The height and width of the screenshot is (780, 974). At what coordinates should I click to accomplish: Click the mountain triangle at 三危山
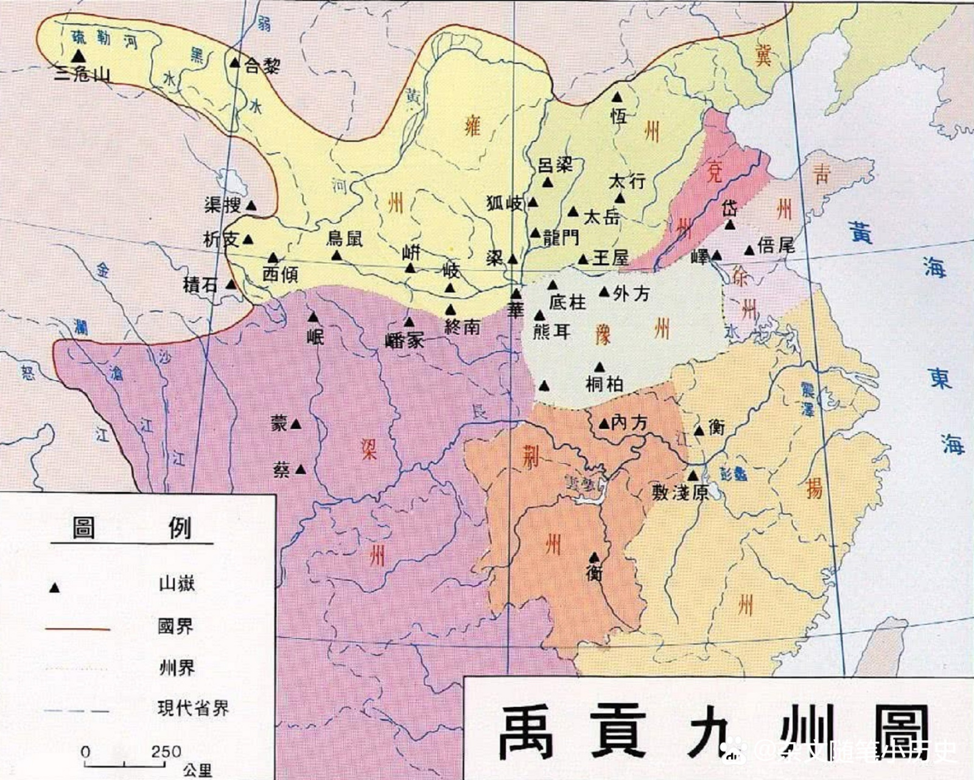click(x=78, y=55)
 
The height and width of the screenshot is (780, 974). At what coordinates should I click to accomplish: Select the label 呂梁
click(x=556, y=165)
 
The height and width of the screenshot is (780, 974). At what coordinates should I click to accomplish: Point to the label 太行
click(x=627, y=181)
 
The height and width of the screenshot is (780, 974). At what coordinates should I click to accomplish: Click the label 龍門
click(x=561, y=238)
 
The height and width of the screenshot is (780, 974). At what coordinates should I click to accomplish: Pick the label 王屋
click(x=611, y=258)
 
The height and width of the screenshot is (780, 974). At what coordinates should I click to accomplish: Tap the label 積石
click(x=200, y=284)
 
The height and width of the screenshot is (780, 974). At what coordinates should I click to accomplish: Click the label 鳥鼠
click(x=345, y=238)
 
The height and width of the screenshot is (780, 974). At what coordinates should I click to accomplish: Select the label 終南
click(x=462, y=327)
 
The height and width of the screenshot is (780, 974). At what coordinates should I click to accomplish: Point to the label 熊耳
click(x=552, y=331)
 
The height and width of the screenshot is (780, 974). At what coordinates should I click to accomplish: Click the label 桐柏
click(x=604, y=384)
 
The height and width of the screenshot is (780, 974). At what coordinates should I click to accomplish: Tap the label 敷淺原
click(x=680, y=492)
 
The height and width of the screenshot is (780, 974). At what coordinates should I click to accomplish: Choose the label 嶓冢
click(x=404, y=340)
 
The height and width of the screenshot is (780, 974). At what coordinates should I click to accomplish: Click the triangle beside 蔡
click(x=300, y=469)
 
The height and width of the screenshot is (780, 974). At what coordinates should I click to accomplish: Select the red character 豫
click(x=602, y=335)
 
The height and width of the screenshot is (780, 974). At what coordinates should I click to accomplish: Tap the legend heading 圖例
click(x=131, y=527)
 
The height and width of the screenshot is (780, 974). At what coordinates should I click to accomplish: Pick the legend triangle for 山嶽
click(x=54, y=588)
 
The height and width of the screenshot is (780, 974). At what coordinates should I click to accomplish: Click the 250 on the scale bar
click(x=166, y=751)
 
